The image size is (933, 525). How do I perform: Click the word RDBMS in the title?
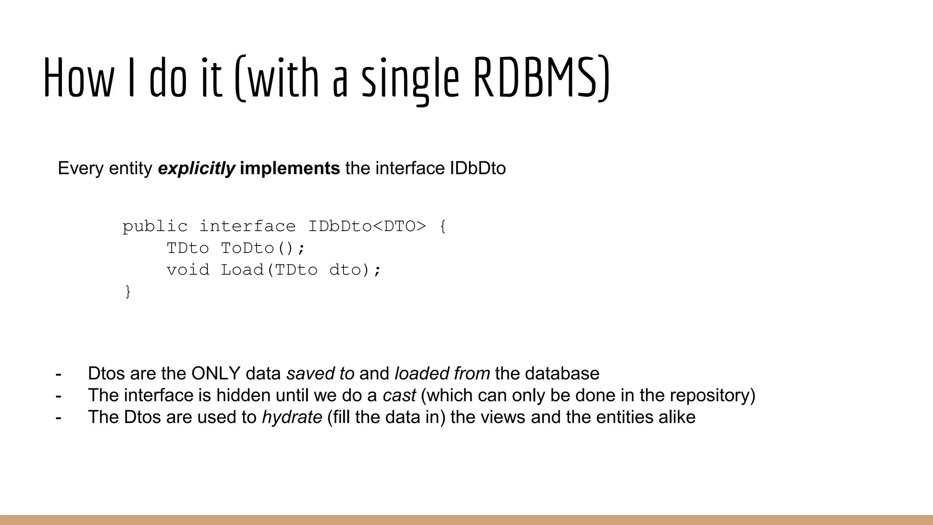[541, 77]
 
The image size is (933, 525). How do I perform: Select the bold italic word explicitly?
[196, 169]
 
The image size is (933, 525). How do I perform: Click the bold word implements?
[290, 169]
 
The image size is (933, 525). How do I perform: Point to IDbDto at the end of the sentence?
[478, 169]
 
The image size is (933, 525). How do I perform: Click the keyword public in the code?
[155, 226]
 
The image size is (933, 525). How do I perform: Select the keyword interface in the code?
[247, 226]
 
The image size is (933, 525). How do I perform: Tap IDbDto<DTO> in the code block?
[367, 226]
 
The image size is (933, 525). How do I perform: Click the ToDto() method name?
[263, 248]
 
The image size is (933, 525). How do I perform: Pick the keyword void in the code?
[188, 270]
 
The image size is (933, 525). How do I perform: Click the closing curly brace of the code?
[128, 291]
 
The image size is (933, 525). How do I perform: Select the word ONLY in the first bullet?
[215, 374]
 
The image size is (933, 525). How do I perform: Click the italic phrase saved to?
[320, 374]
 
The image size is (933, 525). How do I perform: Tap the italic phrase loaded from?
[442, 374]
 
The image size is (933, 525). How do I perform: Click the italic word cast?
[399, 396]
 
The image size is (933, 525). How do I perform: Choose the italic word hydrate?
[292, 417]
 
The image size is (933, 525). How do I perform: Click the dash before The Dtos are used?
[58, 417]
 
